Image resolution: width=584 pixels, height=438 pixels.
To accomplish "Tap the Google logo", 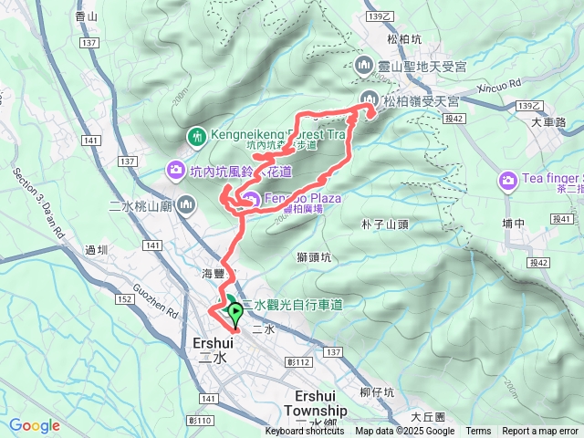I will coord(35,425).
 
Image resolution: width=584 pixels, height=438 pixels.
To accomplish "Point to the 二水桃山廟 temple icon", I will coord(188,204).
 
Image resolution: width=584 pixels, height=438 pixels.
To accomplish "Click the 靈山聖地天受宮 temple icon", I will coord(364,65).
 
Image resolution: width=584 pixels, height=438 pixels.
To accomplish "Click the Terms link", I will coord(478,432).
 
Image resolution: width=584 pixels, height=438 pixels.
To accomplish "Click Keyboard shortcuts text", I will coord(306,432).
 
